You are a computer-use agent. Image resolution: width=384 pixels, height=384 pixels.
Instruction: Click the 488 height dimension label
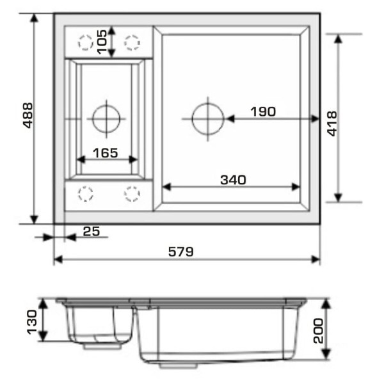click(28, 115)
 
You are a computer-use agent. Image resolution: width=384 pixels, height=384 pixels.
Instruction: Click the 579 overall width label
click(180, 252)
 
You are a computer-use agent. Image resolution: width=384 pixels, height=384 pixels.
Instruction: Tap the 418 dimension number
click(332, 124)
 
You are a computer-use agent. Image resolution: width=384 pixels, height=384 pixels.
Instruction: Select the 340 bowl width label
click(233, 180)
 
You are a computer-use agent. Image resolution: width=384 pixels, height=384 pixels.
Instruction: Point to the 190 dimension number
click(263, 111)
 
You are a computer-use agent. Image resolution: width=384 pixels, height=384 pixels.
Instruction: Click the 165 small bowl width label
click(106, 153)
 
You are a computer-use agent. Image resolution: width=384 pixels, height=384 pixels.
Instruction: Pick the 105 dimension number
click(102, 42)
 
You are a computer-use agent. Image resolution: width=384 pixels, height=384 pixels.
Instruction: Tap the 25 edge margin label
click(92, 232)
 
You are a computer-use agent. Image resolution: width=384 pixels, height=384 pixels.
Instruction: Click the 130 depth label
click(32, 323)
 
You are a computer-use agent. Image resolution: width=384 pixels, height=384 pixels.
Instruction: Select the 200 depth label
click(318, 331)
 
